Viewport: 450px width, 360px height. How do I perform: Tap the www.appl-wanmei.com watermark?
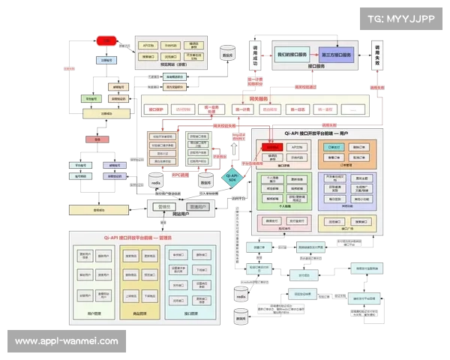[66, 341]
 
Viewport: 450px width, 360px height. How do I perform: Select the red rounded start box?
[107, 40]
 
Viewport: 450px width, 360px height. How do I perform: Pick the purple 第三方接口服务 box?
[335, 55]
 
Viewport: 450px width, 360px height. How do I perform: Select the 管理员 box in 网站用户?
[165, 206]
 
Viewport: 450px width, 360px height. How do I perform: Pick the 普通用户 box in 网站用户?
[197, 206]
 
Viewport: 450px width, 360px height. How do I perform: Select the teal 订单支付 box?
[334, 148]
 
